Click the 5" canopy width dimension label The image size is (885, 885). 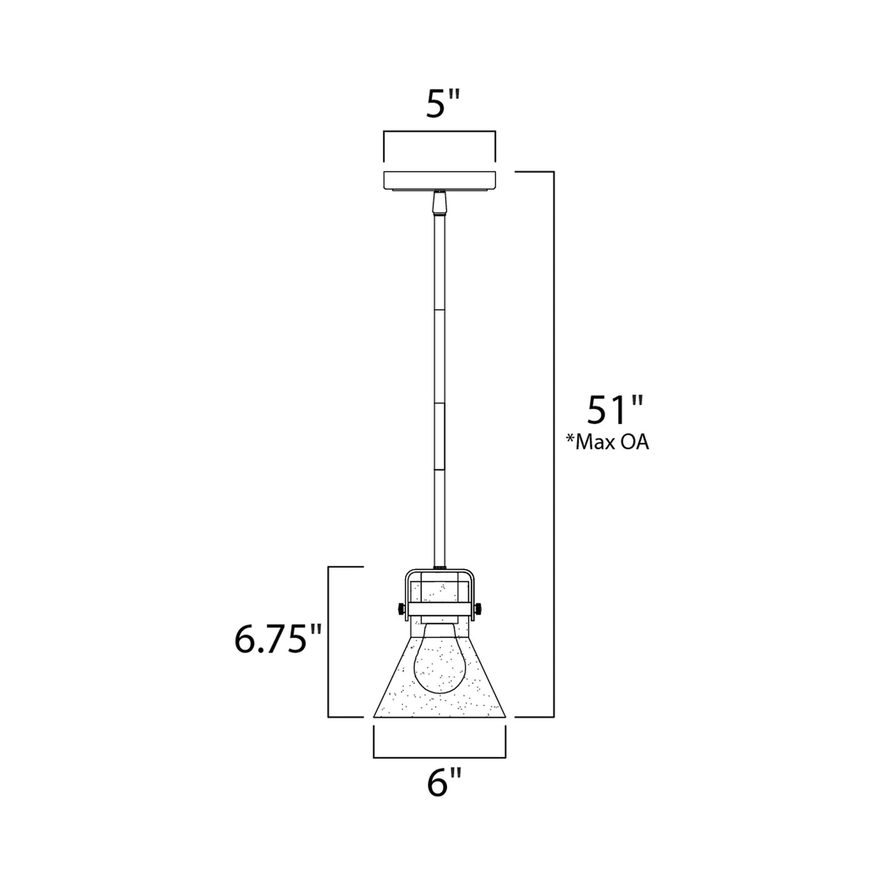pos(443,105)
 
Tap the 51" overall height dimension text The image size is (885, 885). pos(615,410)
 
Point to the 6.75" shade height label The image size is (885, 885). pos(278,640)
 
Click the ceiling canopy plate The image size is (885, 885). pos(439,180)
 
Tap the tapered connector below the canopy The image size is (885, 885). pos(439,203)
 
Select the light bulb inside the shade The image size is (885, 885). pos(439,665)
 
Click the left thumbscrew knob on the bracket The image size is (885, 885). pos(400,609)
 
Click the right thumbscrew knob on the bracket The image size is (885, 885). pos(478,609)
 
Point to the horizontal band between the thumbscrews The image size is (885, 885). pos(439,609)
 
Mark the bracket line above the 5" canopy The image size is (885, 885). pos(439,131)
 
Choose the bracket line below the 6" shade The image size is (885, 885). pos(439,757)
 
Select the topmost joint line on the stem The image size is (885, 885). pos(439,309)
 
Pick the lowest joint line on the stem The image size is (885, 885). pos(439,469)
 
